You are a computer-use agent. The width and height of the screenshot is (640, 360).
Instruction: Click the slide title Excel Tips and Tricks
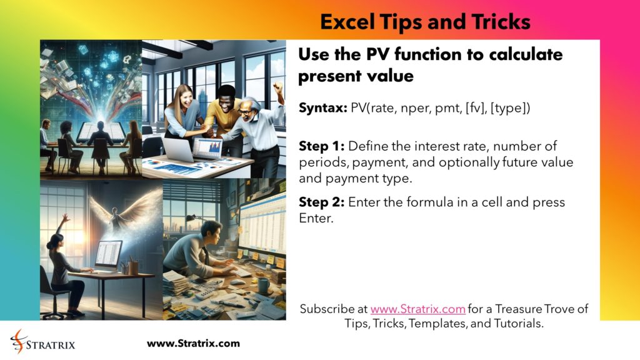point(425,22)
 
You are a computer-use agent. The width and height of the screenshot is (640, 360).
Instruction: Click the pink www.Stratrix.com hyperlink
point(417,309)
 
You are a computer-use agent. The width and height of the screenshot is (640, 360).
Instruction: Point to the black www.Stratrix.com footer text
point(193,343)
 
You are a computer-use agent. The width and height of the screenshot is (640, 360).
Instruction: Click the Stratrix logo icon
point(19,342)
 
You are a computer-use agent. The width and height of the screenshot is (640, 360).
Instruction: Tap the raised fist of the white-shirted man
point(277,88)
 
